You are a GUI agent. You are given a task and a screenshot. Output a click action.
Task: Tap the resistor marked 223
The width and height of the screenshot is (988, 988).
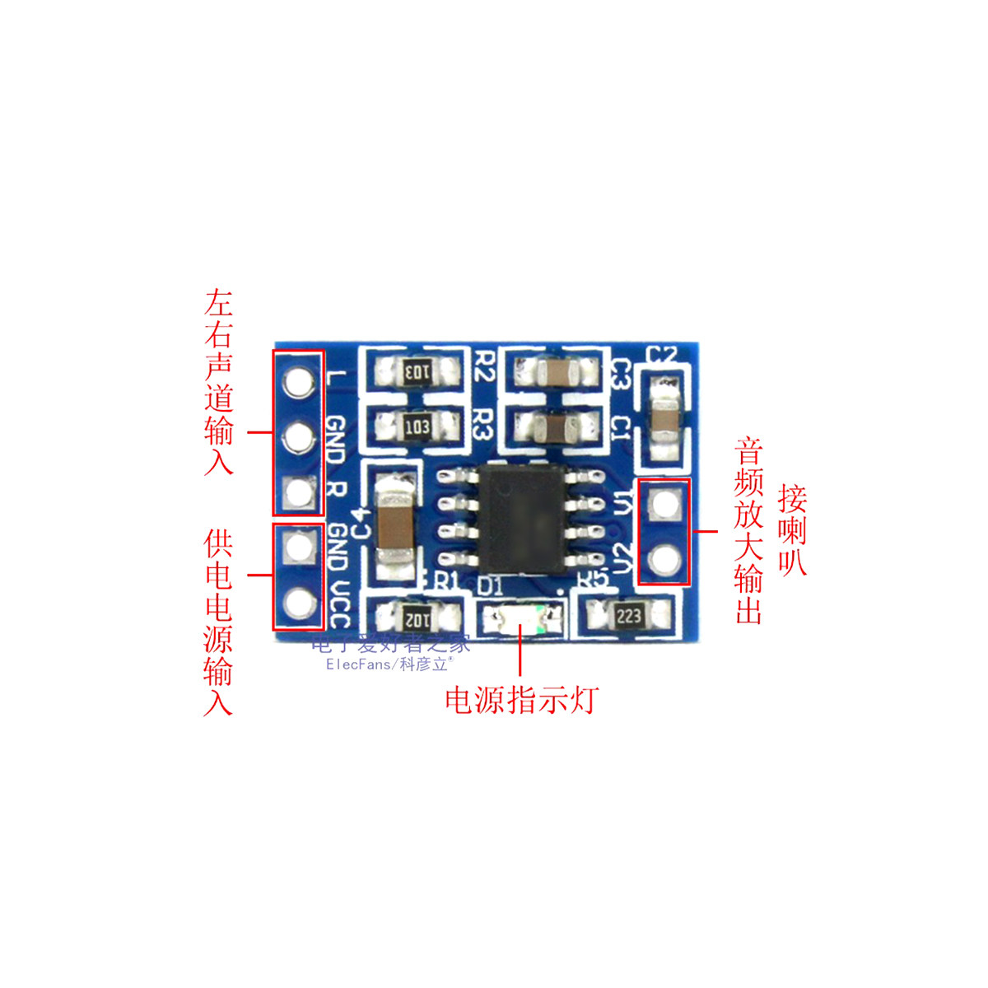[x=628, y=615]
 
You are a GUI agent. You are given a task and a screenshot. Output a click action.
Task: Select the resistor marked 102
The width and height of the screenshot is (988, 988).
[x=417, y=616]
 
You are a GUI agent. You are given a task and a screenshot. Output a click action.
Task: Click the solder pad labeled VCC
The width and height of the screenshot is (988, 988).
[x=298, y=604]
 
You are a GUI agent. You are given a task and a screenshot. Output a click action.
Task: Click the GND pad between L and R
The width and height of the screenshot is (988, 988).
[x=298, y=436]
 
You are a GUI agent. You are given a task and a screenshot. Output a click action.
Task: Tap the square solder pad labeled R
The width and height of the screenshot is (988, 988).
[x=298, y=492]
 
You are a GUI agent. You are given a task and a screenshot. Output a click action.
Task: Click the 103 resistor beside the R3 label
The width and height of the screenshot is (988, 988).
[x=417, y=426]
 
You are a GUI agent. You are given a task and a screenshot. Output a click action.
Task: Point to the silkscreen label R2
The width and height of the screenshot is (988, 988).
[x=483, y=365]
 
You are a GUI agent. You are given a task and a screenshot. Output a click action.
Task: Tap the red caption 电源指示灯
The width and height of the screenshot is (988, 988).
[x=521, y=700]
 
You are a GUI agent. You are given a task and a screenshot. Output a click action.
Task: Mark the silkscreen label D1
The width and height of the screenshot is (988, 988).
[x=490, y=585]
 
